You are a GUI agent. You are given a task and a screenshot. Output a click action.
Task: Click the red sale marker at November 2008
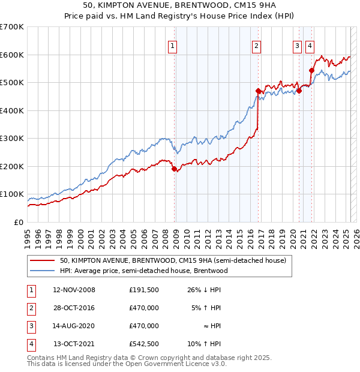pyautogui.click(x=175, y=169)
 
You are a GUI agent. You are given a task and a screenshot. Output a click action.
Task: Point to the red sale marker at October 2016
pyautogui.click(x=258, y=91)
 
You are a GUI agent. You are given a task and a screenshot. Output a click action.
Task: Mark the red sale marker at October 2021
pyautogui.click(x=311, y=71)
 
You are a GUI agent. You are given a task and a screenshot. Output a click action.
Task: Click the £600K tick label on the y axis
pyautogui.click(x=12, y=55)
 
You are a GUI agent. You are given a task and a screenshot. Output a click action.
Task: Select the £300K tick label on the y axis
pyautogui.click(x=12, y=139)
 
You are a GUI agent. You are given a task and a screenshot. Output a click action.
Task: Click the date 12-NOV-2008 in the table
pyautogui.click(x=74, y=290)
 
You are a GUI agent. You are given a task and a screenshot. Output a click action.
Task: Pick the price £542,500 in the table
pyautogui.click(x=144, y=344)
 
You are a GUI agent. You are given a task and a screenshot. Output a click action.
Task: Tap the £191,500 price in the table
pyautogui.click(x=144, y=290)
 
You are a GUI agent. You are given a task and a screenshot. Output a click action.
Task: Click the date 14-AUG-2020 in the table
pyautogui.click(x=74, y=326)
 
